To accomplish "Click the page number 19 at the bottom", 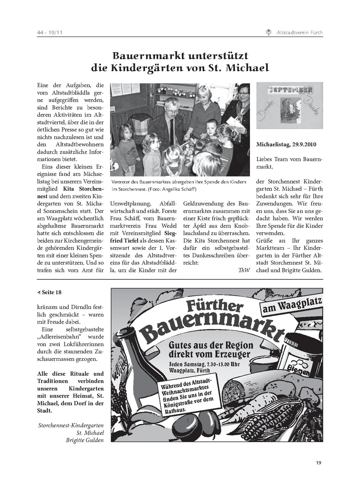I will [x=318, y=463].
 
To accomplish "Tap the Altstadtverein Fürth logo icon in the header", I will [x=269, y=33].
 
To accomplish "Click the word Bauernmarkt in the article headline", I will [x=147, y=56].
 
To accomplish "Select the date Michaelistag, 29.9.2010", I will [x=286, y=144].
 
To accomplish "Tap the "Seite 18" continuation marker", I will [x=50, y=292].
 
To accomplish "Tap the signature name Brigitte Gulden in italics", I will [x=85, y=440].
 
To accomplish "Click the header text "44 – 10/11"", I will [x=50, y=33].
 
